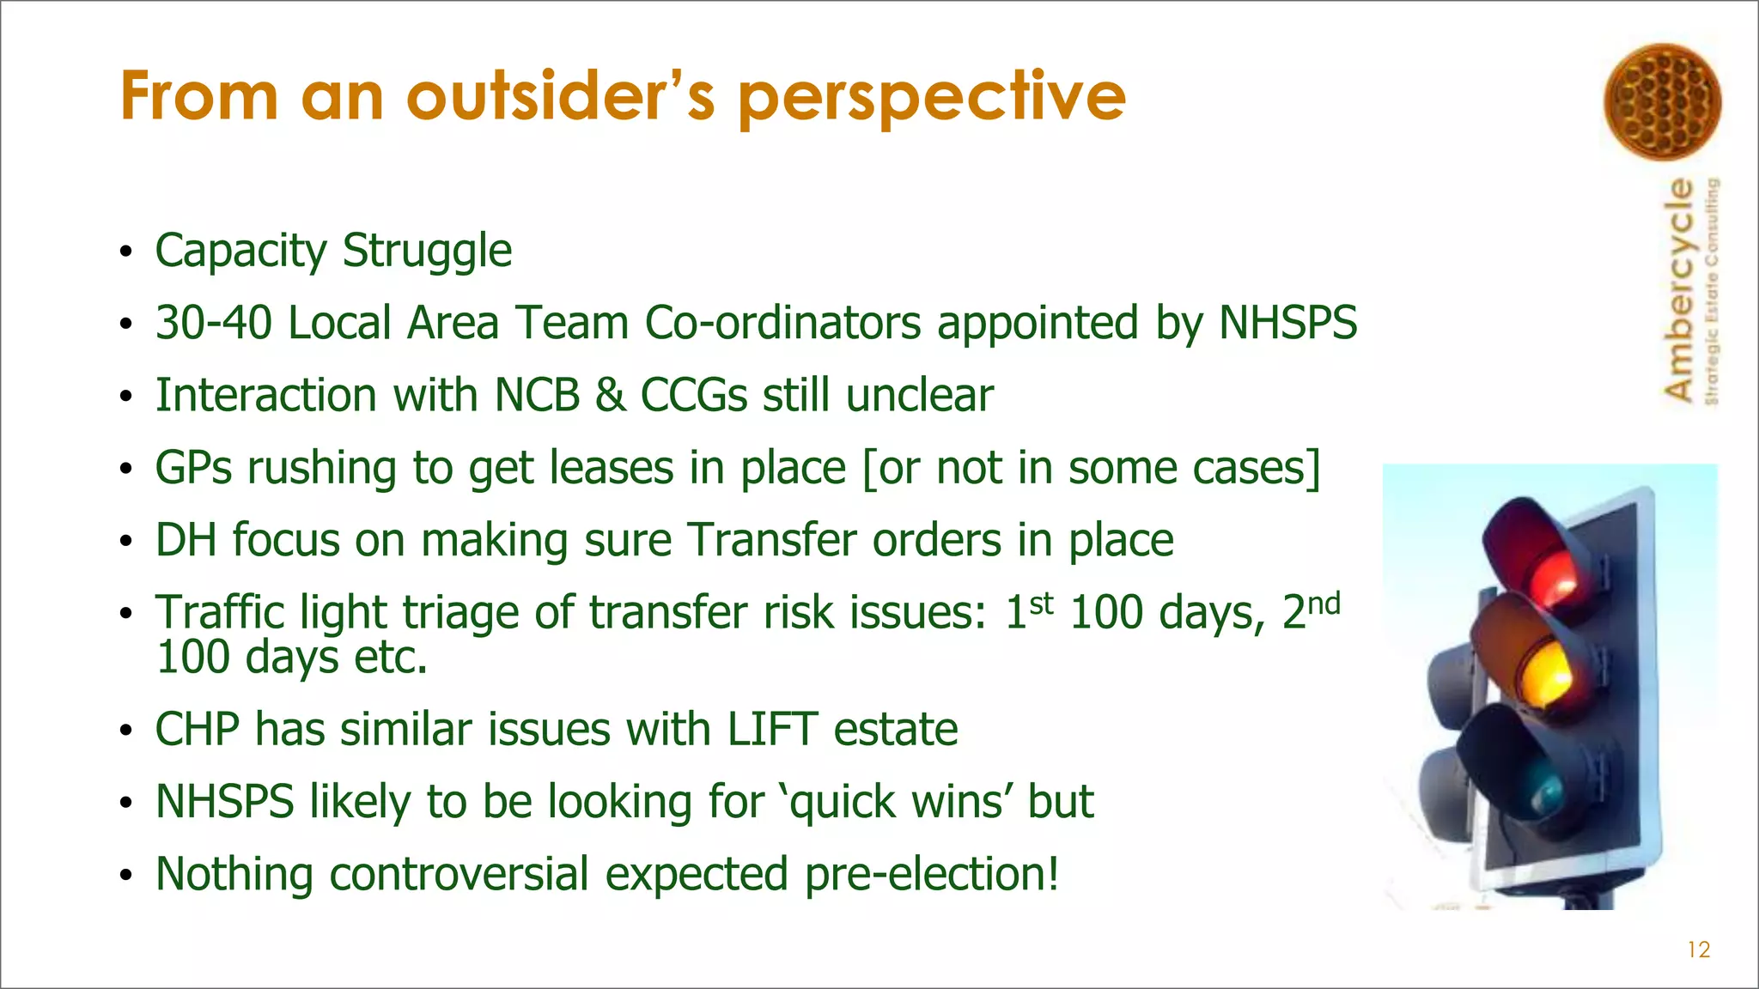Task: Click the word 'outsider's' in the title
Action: coord(561,96)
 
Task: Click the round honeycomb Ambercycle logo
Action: coord(1662,101)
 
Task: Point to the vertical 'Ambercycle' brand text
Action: coord(1679,289)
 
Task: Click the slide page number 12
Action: coord(1698,950)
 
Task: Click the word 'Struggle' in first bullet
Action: coord(427,252)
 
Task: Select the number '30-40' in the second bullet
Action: coord(213,324)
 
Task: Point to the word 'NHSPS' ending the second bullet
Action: coord(1287,324)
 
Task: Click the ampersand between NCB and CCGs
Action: coord(610,396)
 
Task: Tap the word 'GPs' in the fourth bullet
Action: coord(193,469)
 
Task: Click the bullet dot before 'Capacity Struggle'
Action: coord(126,252)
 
